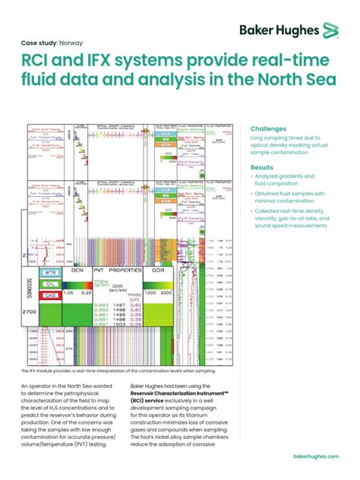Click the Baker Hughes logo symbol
(329, 31)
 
